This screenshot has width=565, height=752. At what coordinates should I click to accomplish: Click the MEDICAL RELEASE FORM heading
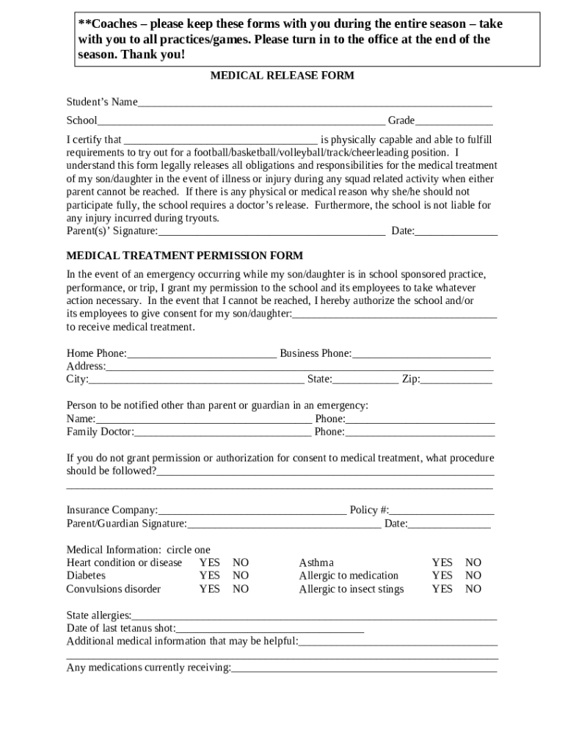point(282,75)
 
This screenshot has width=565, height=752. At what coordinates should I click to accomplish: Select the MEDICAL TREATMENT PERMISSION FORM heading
point(185,256)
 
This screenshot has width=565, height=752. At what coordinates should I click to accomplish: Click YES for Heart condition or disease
point(209,563)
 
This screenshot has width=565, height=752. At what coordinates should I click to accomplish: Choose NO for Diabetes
point(241,576)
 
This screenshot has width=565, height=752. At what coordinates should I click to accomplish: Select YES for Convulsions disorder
point(209,589)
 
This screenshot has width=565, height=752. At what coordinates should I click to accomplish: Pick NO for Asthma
point(473,563)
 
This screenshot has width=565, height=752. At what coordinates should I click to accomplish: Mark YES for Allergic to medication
point(442,576)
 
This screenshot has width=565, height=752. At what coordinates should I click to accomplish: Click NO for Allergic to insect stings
point(473,589)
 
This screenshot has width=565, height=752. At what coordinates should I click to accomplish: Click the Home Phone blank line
point(201,354)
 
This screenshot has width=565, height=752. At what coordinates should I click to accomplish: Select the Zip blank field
point(456,380)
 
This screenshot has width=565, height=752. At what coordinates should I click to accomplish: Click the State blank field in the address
point(365,380)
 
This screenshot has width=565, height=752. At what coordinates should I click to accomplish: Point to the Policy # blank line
point(442,510)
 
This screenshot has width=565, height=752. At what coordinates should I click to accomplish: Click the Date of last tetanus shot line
point(269,629)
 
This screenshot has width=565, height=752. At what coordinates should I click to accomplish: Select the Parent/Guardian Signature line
point(284,524)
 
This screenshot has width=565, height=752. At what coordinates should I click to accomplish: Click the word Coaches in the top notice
point(112,24)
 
